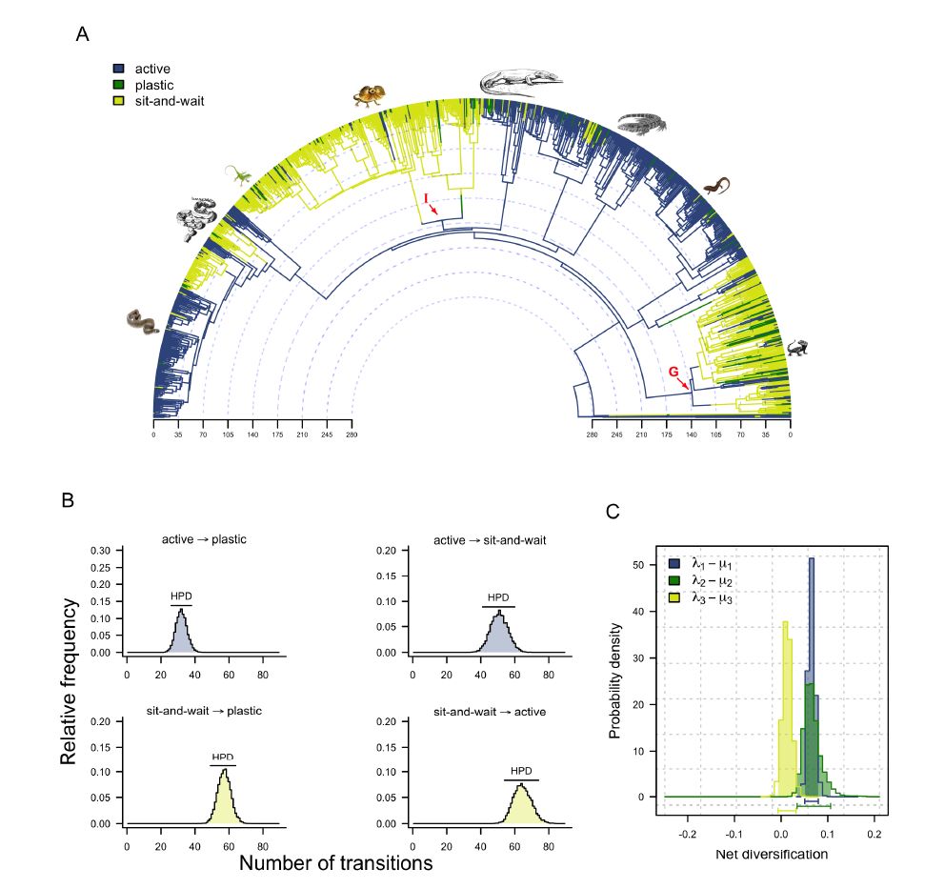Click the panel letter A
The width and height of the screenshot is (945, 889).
click(x=83, y=34)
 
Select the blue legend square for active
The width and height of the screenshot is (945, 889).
click(x=119, y=69)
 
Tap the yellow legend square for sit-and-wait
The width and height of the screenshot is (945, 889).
click(x=119, y=99)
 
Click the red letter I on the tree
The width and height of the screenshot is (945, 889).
click(x=426, y=196)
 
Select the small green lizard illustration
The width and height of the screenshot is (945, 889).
click(x=237, y=174)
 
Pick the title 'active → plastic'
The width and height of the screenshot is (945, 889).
click(x=204, y=540)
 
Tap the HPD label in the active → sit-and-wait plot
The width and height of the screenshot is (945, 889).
click(x=497, y=598)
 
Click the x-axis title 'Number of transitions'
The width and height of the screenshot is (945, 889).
click(x=334, y=863)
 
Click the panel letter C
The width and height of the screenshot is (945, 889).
click(x=614, y=512)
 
